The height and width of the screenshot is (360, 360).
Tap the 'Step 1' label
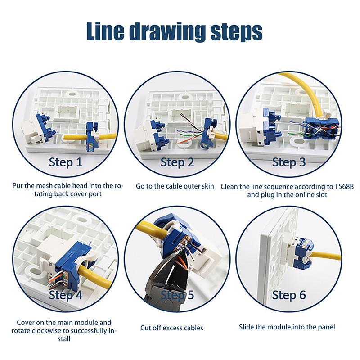point(66,162)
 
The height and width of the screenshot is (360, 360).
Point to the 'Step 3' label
point(292,162)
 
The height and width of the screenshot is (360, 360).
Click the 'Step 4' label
point(66,295)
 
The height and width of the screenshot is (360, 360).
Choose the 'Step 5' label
point(177,295)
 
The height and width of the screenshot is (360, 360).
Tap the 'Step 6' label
point(289,295)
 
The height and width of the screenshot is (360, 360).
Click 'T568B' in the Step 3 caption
point(344,186)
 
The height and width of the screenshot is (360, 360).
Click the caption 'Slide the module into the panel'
point(287,327)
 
